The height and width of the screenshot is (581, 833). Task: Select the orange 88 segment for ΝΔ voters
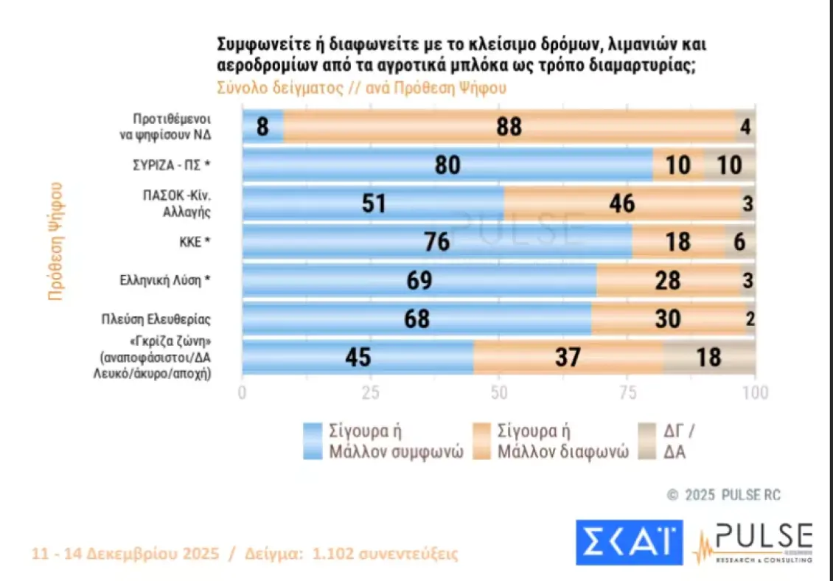tap(509, 127)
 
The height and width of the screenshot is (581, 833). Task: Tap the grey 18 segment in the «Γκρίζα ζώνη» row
tap(709, 358)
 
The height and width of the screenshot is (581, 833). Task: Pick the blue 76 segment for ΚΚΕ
tap(437, 242)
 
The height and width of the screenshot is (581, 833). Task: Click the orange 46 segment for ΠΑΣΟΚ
tap(621, 203)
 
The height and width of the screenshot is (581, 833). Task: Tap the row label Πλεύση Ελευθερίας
tap(156, 319)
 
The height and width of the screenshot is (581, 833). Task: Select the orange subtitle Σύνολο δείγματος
tap(279, 87)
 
